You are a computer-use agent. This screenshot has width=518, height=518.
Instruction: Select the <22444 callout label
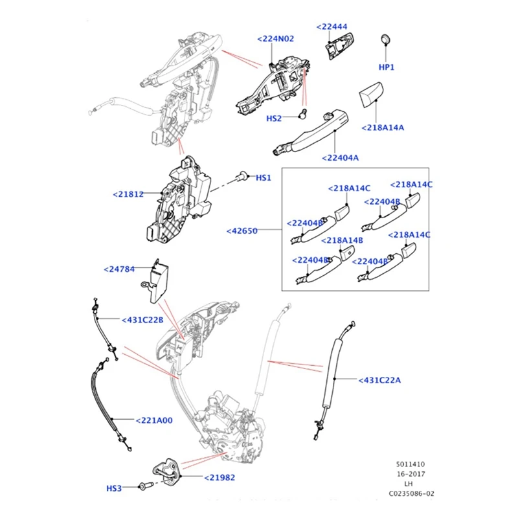coord(332,27)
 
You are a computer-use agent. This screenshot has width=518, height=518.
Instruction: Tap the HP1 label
coord(387,67)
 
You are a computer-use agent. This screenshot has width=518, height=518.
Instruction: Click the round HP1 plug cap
coord(386,39)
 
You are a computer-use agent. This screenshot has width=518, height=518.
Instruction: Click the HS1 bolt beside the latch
coord(243,175)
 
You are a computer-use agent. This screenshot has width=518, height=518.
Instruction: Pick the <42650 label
coord(243,231)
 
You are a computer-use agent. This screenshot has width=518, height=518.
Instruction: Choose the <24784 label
coord(120,269)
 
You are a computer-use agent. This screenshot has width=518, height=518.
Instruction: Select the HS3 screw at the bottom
coord(114,488)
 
